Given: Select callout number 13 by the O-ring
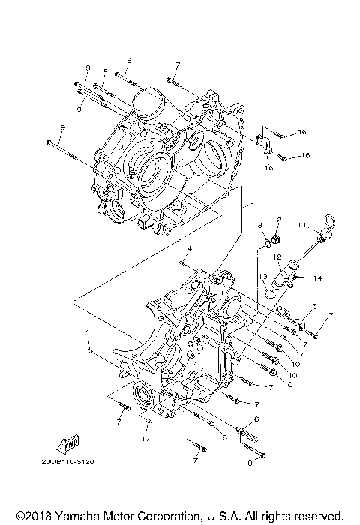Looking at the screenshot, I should (x=264, y=277).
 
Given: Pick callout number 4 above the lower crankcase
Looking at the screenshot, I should (x=190, y=247).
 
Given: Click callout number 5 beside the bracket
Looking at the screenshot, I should (x=315, y=306).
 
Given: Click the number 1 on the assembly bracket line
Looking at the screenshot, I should (x=253, y=204).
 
